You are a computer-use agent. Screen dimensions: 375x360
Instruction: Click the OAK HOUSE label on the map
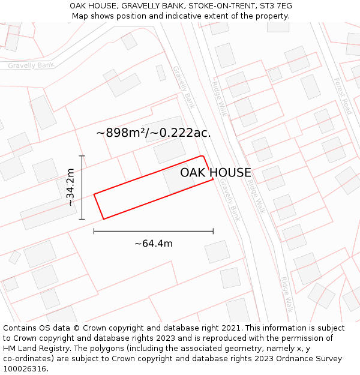pos(215,173)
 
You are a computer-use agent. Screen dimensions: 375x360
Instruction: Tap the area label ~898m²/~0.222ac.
pos(154,133)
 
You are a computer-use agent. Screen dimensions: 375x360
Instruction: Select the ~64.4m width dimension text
pos(153,244)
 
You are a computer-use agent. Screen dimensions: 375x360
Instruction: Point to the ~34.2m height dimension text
pos(70,187)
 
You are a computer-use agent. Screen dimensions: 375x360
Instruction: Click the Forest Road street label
pos(343,96)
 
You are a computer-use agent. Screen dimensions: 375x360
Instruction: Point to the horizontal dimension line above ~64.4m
pos(153,230)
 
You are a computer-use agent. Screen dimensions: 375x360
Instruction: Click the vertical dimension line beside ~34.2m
pos(82,187)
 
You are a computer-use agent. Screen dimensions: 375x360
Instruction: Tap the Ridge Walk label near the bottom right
pos(287,294)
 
